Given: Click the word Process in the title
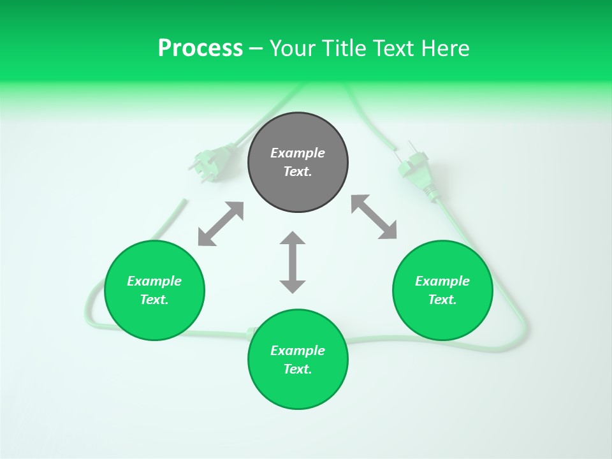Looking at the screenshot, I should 200,48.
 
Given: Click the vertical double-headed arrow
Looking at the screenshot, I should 293,262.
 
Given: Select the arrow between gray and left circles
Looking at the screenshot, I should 221,224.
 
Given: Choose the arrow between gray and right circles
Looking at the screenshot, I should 374,217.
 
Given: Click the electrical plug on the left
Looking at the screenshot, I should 210,163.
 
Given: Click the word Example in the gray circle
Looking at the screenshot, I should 298,153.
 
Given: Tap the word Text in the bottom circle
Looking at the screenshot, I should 298,369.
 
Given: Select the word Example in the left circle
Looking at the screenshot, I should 154,281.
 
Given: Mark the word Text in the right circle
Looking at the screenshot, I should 442,300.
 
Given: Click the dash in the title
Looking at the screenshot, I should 256,48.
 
